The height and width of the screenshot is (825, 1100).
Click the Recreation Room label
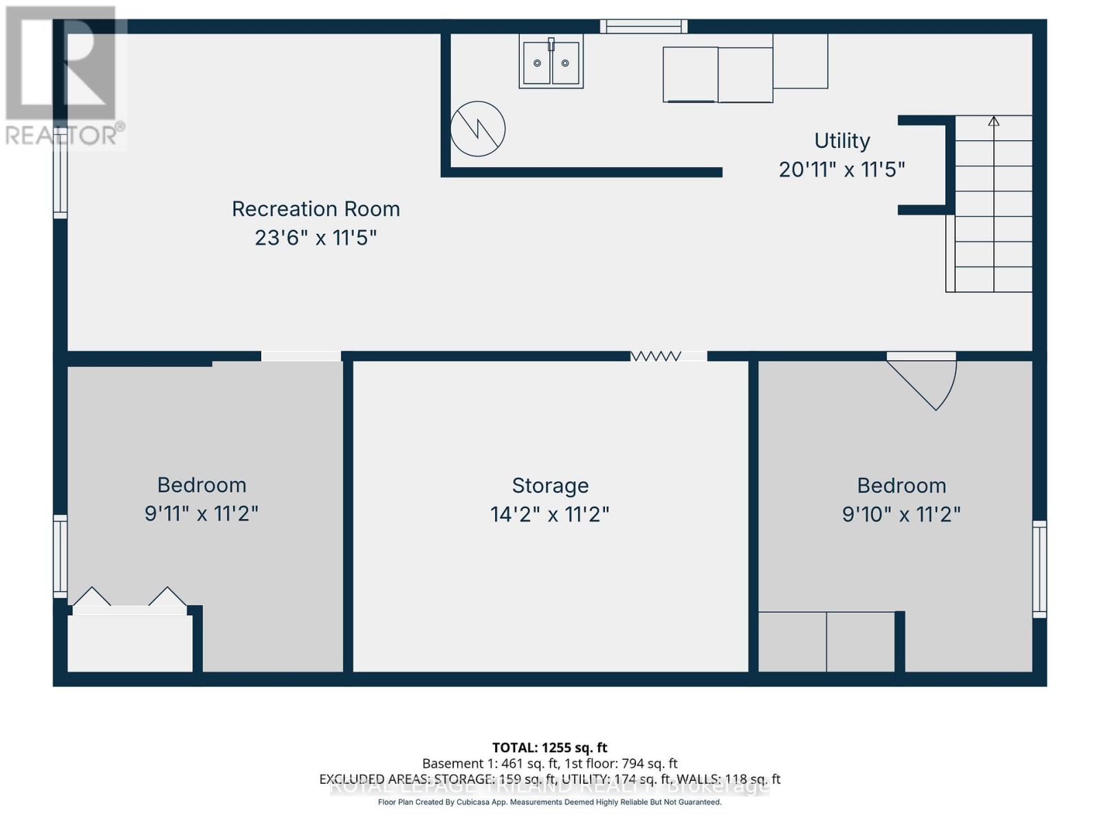coord(316,209)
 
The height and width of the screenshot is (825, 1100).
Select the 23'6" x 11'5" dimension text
coord(316,238)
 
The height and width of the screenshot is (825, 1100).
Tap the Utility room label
coord(842,141)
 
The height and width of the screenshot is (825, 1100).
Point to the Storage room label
coord(550,486)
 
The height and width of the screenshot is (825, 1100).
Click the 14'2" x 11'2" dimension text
coord(550,514)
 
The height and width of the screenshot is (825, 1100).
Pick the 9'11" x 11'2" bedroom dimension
coord(201,514)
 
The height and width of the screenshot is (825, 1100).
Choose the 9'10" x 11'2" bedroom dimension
coord(901,514)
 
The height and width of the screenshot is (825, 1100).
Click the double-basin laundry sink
coord(551,63)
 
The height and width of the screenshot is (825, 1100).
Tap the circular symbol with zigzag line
coord(478,129)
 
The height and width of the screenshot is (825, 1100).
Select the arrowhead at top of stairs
coord(993,121)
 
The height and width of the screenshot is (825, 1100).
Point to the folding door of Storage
coord(657,356)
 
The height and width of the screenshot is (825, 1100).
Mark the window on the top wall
coord(643,26)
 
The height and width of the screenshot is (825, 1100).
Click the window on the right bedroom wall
coord(1039,569)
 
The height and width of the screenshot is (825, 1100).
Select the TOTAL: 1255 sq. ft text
coord(550,747)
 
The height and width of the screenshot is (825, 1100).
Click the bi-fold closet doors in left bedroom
coord(130,598)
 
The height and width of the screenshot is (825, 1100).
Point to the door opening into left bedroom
coord(300,356)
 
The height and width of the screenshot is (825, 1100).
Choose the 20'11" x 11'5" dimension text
coord(842,170)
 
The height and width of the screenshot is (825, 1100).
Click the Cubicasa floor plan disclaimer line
coord(550,802)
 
